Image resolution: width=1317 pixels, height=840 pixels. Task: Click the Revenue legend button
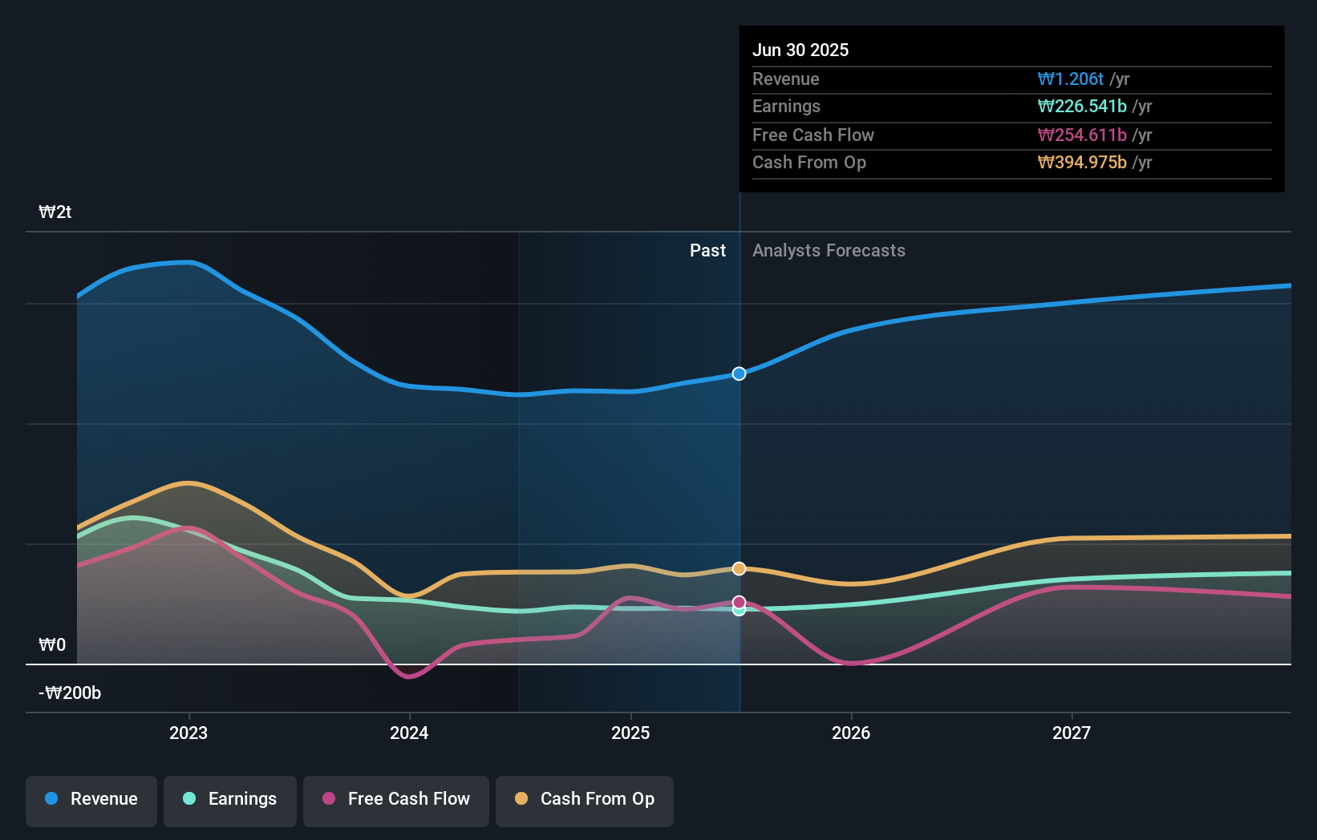pyautogui.click(x=91, y=799)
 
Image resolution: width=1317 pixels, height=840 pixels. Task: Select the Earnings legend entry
pyautogui.click(x=230, y=799)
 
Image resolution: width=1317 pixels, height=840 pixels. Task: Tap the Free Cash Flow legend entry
pyautogui.click(x=396, y=799)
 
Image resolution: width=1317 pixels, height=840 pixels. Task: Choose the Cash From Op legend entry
pyautogui.click(x=585, y=799)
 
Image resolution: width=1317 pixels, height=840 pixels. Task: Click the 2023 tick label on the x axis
pyautogui.click(x=188, y=733)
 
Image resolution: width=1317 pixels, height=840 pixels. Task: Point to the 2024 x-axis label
pyautogui.click(x=409, y=733)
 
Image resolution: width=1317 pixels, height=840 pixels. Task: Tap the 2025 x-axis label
pyautogui.click(x=630, y=733)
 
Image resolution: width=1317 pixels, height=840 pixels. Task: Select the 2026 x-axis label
pyautogui.click(x=851, y=733)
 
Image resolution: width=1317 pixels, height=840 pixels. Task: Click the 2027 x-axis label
pyautogui.click(x=1072, y=733)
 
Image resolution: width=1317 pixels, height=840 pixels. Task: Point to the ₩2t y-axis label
pyautogui.click(x=55, y=212)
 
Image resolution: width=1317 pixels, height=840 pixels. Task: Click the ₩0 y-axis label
pyautogui.click(x=52, y=645)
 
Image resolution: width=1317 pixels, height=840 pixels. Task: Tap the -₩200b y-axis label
pyautogui.click(x=70, y=693)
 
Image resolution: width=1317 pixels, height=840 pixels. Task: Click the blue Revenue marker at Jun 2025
pyautogui.click(x=739, y=374)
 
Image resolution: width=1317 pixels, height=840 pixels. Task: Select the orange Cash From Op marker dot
pyautogui.click(x=739, y=568)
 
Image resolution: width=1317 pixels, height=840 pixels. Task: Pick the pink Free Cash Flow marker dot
pyautogui.click(x=739, y=601)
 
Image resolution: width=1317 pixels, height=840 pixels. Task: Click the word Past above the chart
pyautogui.click(x=707, y=251)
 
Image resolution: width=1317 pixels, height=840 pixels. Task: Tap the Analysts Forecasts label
pyautogui.click(x=829, y=251)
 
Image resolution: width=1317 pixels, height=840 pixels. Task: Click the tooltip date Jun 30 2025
pyautogui.click(x=800, y=50)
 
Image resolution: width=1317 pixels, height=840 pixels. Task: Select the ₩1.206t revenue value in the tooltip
pyautogui.click(x=1071, y=79)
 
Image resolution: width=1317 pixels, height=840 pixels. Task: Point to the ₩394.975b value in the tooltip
pyautogui.click(x=1082, y=163)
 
